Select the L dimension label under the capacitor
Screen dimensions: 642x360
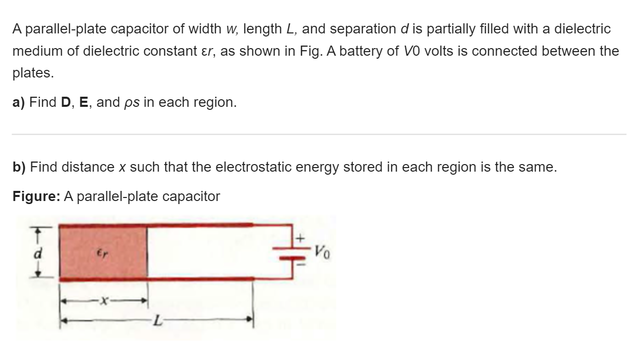158,319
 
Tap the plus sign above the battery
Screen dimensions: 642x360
299,237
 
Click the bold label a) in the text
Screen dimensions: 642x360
19,102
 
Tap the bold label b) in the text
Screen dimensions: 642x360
19,167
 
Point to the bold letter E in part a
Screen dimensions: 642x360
85,102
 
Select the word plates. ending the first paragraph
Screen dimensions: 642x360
33,73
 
